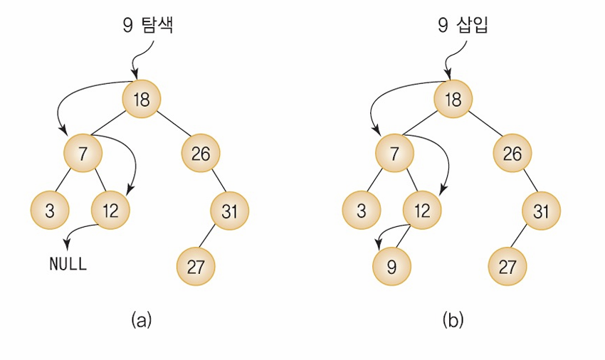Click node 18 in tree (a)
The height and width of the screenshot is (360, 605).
tap(142, 99)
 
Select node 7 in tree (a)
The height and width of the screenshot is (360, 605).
tap(82, 153)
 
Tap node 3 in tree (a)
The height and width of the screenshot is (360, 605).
tap(50, 211)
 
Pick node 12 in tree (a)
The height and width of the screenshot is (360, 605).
tap(111, 211)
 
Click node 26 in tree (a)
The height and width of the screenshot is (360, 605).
tap(201, 153)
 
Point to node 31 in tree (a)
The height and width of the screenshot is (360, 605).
tap(230, 211)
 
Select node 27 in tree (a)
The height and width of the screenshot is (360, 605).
tap(196, 266)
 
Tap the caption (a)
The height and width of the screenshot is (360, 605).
tap(142, 319)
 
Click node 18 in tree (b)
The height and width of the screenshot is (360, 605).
tap(453, 99)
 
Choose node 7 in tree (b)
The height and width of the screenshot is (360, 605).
tap(393, 153)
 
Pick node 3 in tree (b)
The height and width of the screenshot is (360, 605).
tap(361, 211)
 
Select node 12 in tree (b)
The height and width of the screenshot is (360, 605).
tap(422, 211)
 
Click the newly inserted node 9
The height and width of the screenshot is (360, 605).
tap(391, 266)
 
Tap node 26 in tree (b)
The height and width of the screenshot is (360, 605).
tap(512, 153)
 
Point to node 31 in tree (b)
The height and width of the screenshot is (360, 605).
tap(541, 211)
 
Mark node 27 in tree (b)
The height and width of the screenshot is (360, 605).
tap(507, 266)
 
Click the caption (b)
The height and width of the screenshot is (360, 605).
tap(453, 319)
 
